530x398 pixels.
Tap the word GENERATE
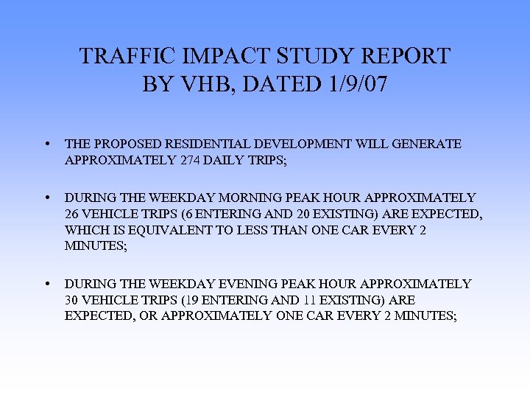click(427, 144)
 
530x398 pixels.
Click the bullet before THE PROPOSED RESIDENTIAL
click(47, 144)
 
